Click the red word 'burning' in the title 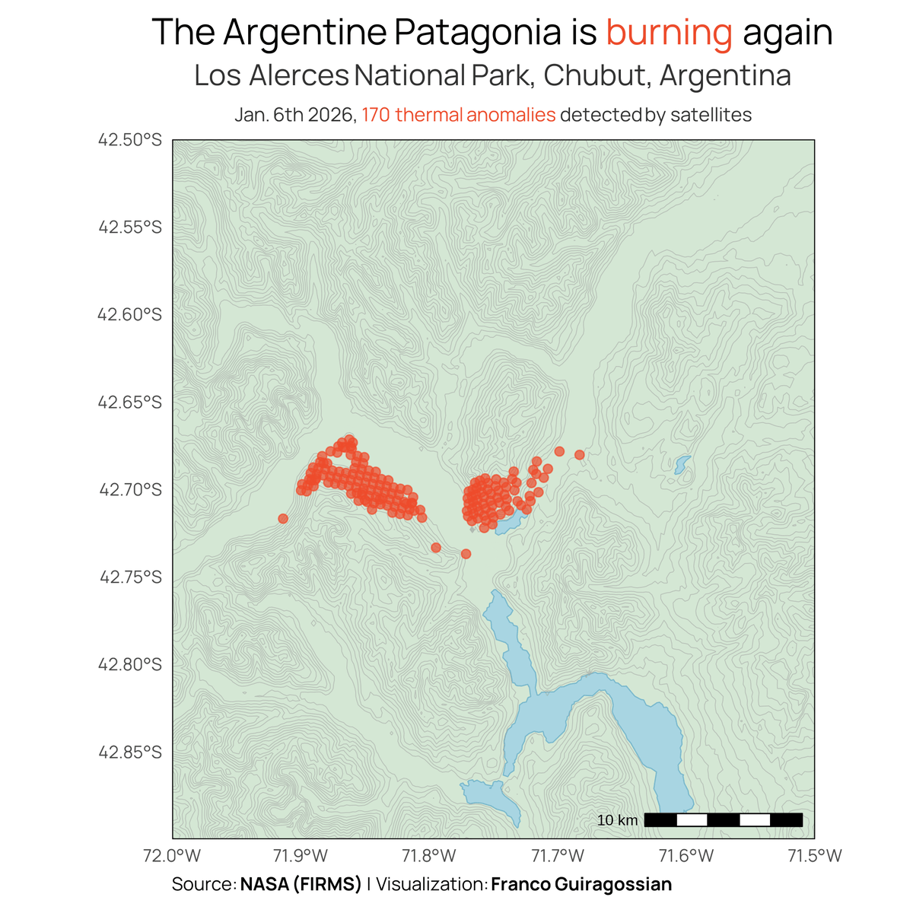click(x=669, y=33)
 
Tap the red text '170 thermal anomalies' click(x=458, y=115)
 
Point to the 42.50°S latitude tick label click(x=129, y=140)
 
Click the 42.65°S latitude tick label click(x=129, y=402)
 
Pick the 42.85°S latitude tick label click(x=129, y=752)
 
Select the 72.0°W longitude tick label click(x=173, y=855)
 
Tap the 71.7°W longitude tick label click(x=558, y=855)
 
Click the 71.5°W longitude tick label click(x=814, y=855)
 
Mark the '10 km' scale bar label click(x=617, y=820)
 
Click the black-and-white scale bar click(x=723, y=819)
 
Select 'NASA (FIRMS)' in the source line click(x=301, y=884)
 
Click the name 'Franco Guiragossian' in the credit click(x=581, y=884)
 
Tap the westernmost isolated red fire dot click(x=283, y=519)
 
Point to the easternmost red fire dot click(x=579, y=455)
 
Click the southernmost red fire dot click(x=466, y=554)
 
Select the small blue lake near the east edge click(x=682, y=463)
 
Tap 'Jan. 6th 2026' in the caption click(x=294, y=115)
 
